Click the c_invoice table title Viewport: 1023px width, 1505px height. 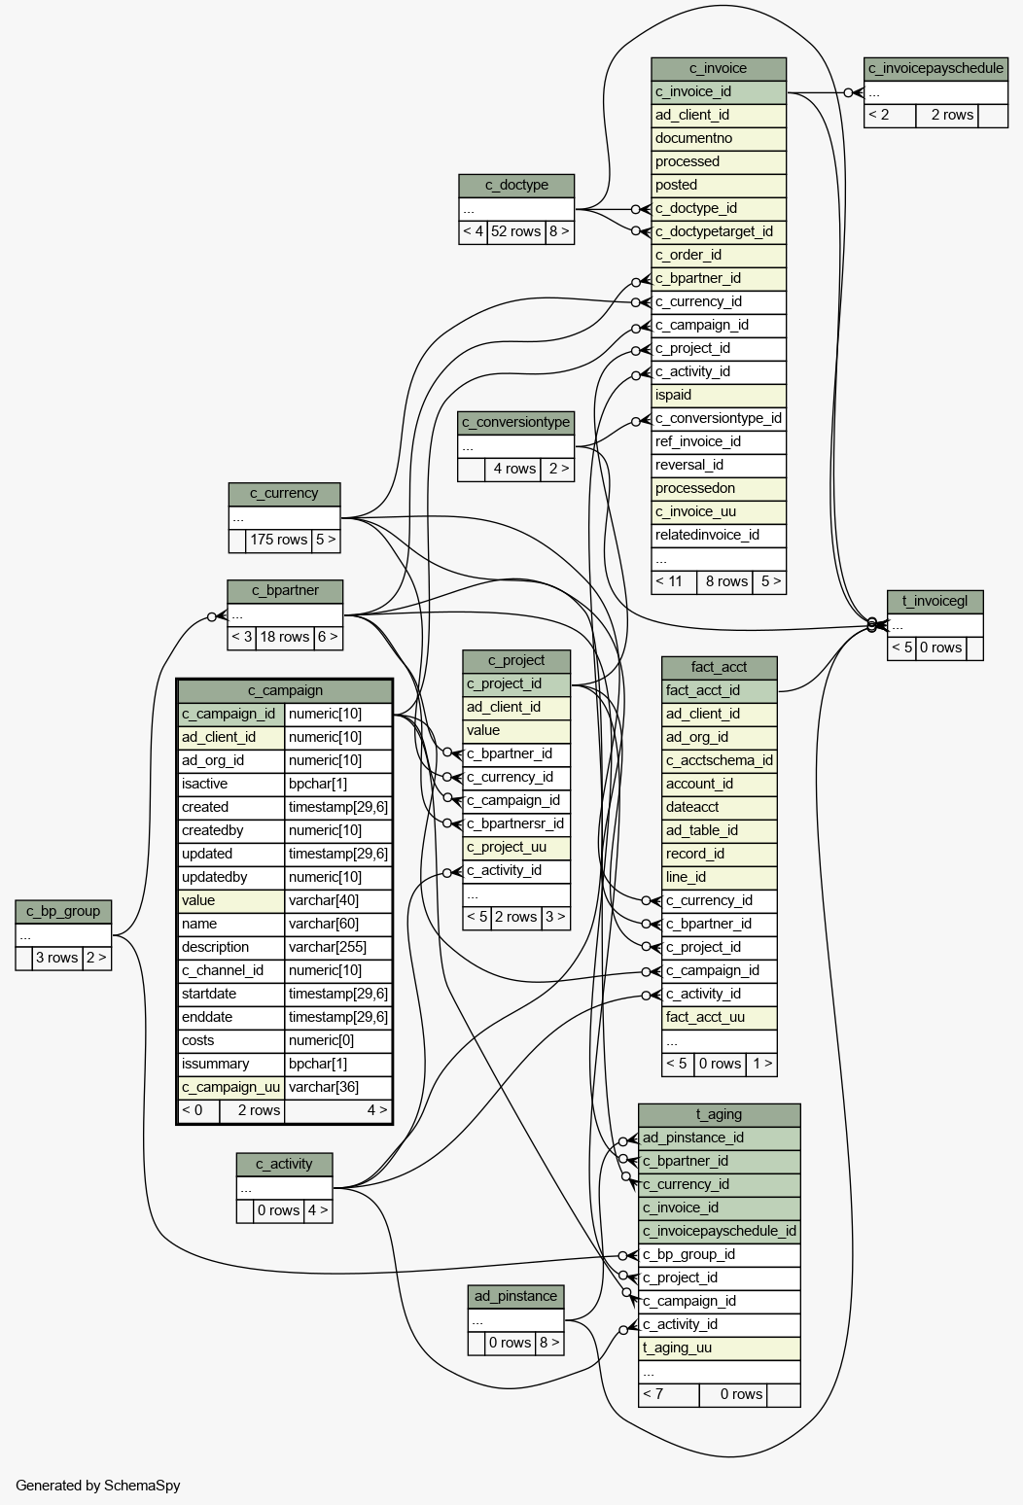click(718, 68)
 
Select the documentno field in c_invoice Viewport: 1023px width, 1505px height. click(718, 138)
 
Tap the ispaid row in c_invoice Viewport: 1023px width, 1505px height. click(718, 395)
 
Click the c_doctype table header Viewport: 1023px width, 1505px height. click(516, 186)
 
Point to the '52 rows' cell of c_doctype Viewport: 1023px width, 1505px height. click(515, 231)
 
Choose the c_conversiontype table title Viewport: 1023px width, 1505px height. click(515, 423)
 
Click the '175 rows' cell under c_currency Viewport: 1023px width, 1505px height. click(278, 541)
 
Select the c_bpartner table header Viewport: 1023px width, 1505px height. click(285, 591)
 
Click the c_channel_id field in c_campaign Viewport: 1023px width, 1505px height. click(230, 971)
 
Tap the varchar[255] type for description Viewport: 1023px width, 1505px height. click(338, 947)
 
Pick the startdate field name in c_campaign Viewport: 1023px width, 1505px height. click(230, 995)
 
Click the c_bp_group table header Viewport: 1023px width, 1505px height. click(63, 912)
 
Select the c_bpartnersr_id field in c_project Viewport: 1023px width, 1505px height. click(515, 824)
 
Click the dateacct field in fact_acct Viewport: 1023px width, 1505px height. click(720, 808)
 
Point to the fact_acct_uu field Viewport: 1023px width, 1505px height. click(720, 1018)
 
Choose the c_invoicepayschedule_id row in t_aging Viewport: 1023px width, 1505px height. click(720, 1232)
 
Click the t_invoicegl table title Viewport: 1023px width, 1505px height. click(935, 602)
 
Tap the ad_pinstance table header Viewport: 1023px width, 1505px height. click(515, 1297)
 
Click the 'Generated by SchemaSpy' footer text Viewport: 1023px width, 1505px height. click(98, 1486)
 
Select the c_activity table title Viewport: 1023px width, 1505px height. click(284, 1165)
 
